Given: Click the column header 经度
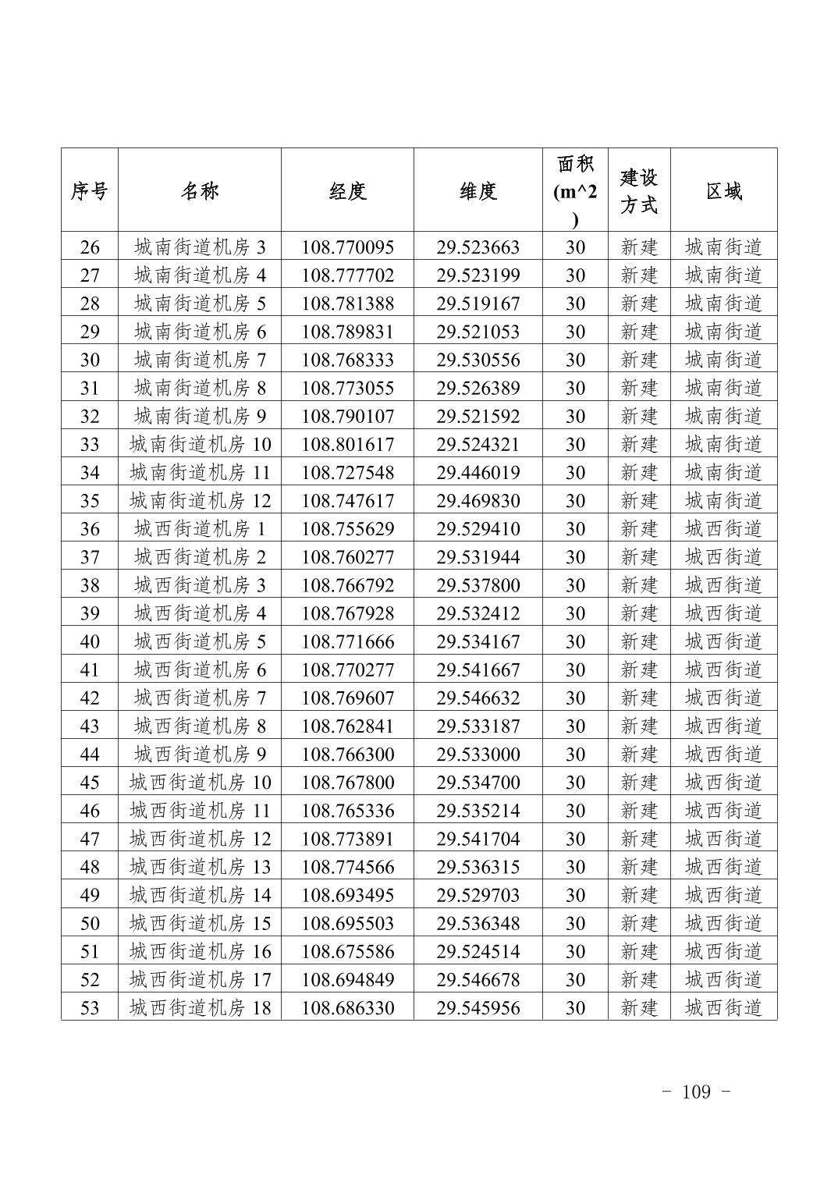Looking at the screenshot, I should [x=347, y=191].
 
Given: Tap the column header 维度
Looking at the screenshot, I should [x=478, y=191].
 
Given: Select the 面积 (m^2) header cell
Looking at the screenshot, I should [x=575, y=191].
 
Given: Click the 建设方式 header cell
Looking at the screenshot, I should [x=638, y=191].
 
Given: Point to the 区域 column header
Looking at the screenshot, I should [x=723, y=191].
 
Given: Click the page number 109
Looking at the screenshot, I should [x=696, y=1092].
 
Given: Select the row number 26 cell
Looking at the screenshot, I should [x=90, y=247].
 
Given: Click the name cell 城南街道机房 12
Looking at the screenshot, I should [x=200, y=501].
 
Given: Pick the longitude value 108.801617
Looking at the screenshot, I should [x=347, y=445].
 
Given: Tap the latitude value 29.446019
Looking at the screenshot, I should [x=478, y=473].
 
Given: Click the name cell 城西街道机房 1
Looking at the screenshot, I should [x=200, y=529].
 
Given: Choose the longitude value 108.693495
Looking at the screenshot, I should [x=347, y=895].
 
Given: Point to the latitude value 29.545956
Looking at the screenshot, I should [x=478, y=1007].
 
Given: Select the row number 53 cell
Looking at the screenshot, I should [x=90, y=1007].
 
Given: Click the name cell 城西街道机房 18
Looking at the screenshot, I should [x=200, y=1007].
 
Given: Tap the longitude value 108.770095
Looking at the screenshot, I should [x=347, y=247].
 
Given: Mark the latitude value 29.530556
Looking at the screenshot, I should [x=478, y=360].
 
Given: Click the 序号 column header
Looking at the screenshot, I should [x=90, y=191].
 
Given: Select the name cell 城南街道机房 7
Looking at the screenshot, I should [x=200, y=360].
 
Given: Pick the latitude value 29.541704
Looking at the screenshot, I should [x=478, y=839].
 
